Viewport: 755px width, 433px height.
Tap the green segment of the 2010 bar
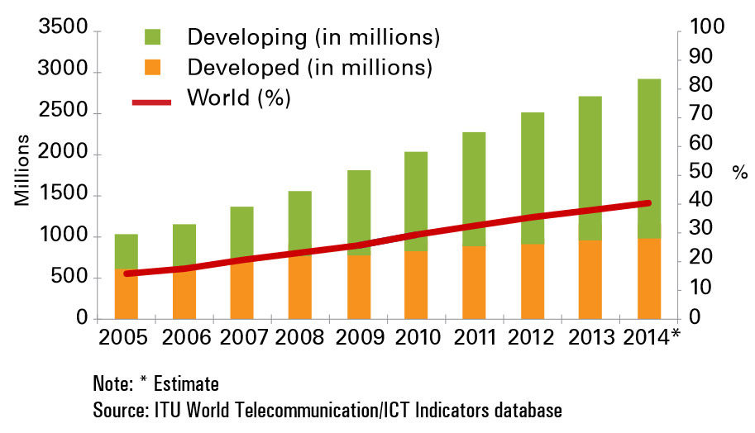[x=416, y=190]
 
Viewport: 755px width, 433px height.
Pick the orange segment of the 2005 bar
[x=126, y=297]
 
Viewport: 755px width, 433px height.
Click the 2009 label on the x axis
[x=358, y=338]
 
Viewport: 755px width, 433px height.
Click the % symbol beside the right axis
[x=738, y=174]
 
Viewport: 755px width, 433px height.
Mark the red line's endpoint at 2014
[x=648, y=202]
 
